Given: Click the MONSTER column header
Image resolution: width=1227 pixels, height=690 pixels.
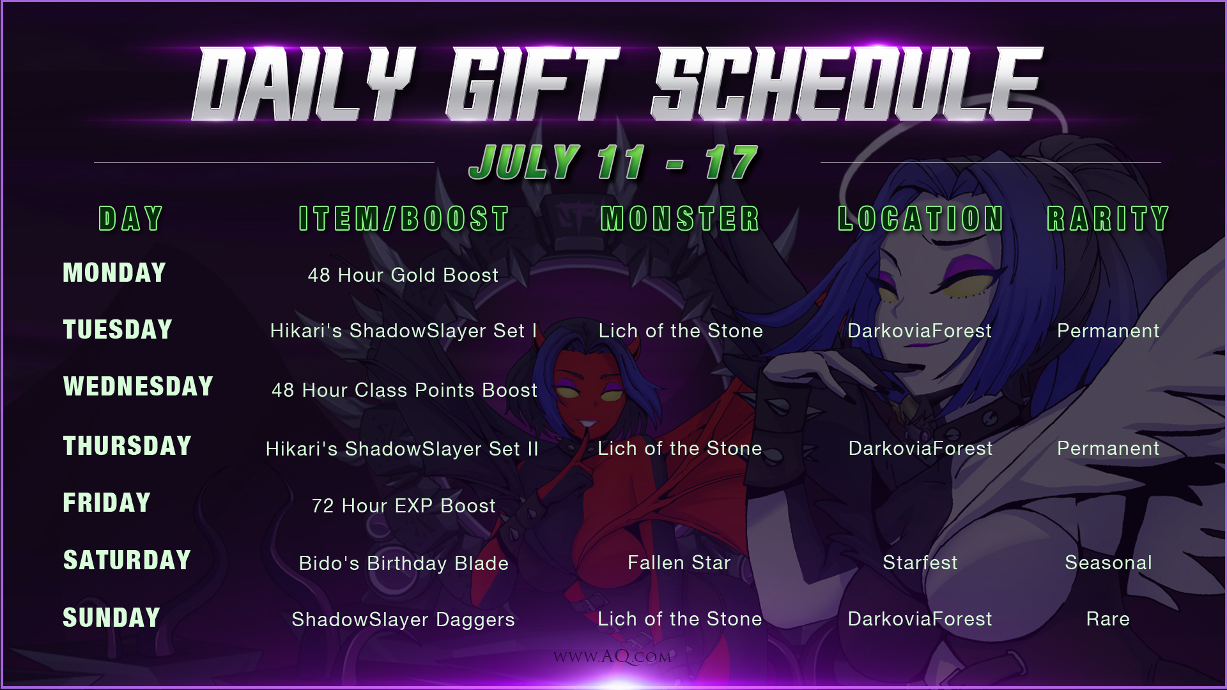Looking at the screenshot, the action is [680, 218].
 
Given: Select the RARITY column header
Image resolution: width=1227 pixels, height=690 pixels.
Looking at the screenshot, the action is [1108, 218].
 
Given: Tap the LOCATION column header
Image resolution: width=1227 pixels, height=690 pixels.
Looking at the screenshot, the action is [920, 218].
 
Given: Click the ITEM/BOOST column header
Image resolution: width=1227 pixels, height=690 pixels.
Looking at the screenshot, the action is [404, 218].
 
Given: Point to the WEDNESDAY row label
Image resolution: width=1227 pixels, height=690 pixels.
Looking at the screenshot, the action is [138, 387].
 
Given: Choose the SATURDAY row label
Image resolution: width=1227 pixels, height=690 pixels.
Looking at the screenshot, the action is [127, 560].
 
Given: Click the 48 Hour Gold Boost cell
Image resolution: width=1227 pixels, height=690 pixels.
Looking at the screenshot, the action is [403, 275].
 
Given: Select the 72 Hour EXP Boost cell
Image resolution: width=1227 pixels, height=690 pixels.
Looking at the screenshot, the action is [404, 506].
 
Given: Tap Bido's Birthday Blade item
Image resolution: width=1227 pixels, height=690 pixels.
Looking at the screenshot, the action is [404, 563].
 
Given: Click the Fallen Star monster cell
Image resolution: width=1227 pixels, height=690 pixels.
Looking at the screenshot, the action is [679, 563].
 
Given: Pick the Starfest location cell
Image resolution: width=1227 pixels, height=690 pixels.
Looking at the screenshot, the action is [920, 563].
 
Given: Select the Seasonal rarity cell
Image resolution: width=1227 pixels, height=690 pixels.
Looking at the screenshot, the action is [1109, 563].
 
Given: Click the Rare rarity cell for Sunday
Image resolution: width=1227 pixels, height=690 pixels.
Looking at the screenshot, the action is [1108, 619].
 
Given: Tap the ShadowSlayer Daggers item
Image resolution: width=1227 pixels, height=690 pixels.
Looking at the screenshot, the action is [403, 620].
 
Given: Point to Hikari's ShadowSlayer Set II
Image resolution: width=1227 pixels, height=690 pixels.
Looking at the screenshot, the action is [402, 449].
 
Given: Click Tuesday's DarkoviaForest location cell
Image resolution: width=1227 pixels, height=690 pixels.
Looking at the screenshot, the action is [920, 331].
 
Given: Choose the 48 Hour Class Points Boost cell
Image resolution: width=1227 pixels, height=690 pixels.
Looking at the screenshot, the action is [405, 390].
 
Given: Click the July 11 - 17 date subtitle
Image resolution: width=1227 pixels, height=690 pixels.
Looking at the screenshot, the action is [613, 162].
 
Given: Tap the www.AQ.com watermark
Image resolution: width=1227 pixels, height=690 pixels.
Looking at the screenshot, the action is [613, 657].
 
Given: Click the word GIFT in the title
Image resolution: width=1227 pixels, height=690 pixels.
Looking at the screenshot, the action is [532, 84].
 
